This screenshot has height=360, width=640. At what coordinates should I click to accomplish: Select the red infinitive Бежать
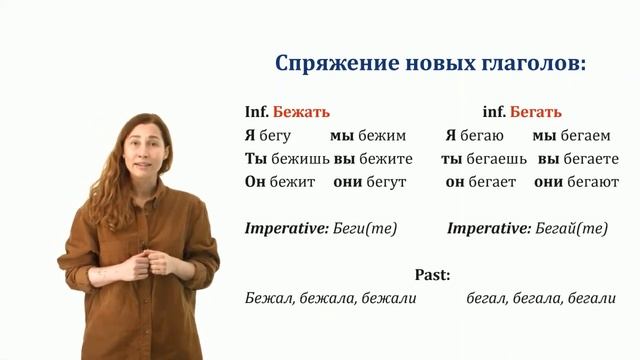coord(301,111)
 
